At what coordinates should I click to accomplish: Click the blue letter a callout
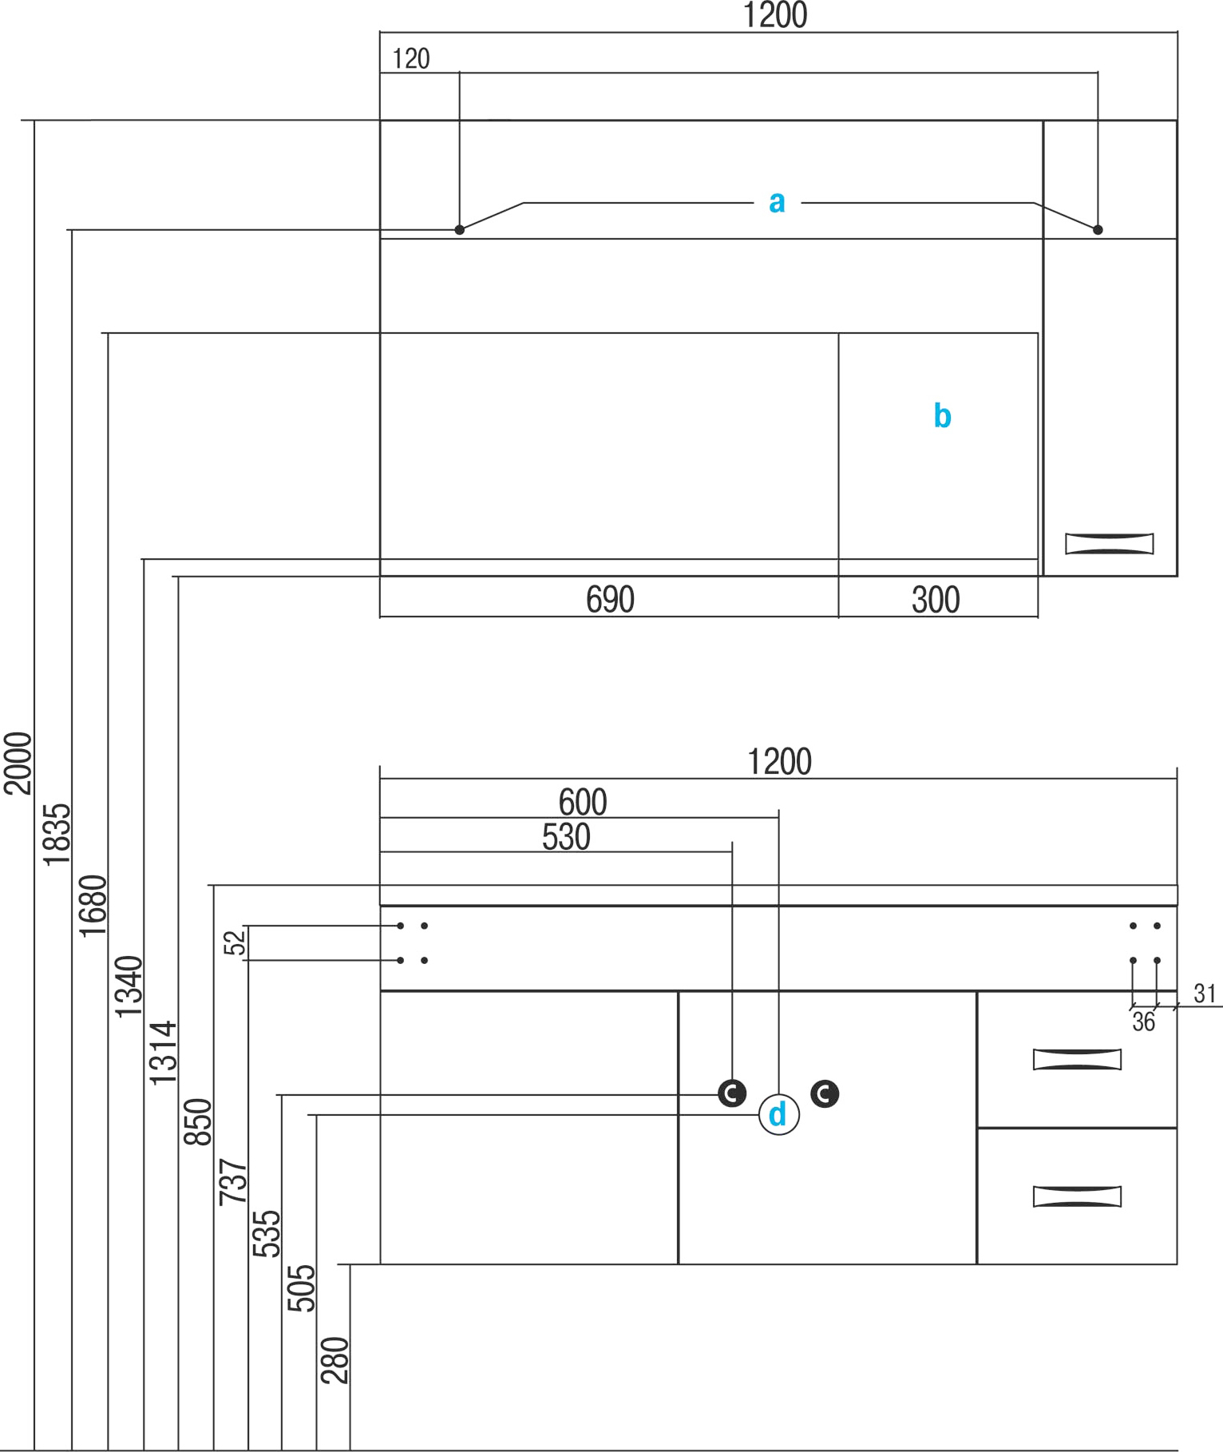pos(777,202)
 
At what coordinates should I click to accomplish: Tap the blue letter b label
pos(942,416)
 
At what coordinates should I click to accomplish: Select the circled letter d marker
pos(778,1114)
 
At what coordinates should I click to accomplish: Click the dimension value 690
pos(610,600)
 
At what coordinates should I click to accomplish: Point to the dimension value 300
pos(936,600)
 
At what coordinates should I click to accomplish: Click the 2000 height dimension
pos(18,763)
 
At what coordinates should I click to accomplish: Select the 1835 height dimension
pos(57,835)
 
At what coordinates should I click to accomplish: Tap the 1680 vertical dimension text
pos(93,906)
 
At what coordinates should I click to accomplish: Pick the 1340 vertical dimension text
pos(129,986)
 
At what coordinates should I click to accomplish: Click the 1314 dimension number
pos(163,1053)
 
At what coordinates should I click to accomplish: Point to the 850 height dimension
pos(198,1122)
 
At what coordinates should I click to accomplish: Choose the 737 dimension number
pos(233,1182)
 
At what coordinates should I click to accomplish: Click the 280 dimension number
pos(334,1360)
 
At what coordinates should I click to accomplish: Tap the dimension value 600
pos(583,802)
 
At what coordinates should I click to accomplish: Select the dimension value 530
pos(566,837)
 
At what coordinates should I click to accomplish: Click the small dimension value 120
pos(411,59)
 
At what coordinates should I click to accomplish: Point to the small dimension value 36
pos(1143,1022)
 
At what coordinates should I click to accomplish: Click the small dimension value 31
pos(1205,994)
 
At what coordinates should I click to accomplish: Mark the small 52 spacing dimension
pos(235,943)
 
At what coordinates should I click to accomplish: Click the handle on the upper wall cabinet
pos(1109,544)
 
